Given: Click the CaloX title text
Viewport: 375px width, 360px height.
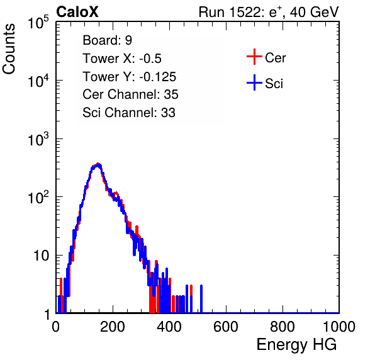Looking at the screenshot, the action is tap(77, 12).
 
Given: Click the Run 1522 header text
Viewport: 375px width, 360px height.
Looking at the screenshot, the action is tap(269, 12).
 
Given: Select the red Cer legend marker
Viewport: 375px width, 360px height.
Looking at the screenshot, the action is tap(254, 57).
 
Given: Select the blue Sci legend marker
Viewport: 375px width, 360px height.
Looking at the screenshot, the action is tap(254, 82).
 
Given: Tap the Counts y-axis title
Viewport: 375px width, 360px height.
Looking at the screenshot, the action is tap(9, 49).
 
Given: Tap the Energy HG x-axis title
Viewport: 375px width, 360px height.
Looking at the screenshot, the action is tap(296, 345).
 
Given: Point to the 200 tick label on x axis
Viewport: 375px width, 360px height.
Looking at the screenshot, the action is tap(113, 327).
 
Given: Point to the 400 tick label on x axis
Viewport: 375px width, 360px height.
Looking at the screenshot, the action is tap(169, 327).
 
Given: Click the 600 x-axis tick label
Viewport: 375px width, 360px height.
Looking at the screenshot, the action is tap(226, 327).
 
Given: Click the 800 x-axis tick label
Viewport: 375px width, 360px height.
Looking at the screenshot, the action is tap(283, 327).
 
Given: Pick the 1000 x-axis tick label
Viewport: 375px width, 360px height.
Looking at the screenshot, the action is tap(339, 327).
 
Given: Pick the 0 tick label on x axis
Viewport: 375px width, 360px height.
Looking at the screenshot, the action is tap(56, 327).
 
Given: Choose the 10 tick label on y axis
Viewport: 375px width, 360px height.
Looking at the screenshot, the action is tap(42, 256).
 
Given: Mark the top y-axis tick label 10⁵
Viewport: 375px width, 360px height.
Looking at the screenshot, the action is tap(38, 22).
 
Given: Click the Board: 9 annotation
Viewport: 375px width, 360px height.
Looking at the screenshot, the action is tap(107, 40).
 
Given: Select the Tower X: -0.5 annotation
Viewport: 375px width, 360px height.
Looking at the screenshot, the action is tap(122, 59).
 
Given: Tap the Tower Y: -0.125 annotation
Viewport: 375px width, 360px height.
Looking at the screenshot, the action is tap(130, 77).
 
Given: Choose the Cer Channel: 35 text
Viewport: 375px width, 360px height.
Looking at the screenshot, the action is tap(130, 94).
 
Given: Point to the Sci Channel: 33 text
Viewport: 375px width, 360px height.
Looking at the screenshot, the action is tap(129, 113).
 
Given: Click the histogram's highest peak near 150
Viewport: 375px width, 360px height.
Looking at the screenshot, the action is tap(98, 164).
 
